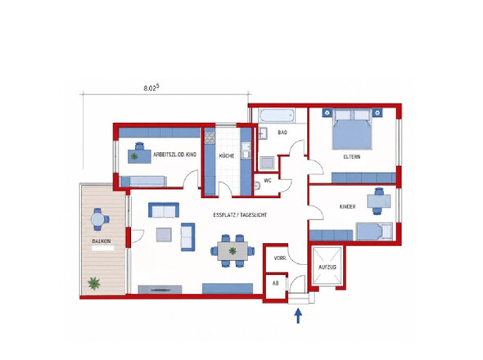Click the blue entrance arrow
click(x=298, y=316)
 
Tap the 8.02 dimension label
click(x=151, y=88)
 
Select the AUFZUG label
click(x=327, y=267)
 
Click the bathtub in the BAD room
click(x=277, y=116)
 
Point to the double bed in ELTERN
click(x=352, y=129)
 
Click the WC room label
click(x=268, y=181)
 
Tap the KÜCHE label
click(x=227, y=155)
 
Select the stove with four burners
click(x=210, y=137)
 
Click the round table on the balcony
click(x=98, y=219)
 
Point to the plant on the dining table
click(x=232, y=251)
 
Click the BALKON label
click(x=101, y=241)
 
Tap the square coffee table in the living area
click(x=164, y=235)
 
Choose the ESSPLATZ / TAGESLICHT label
click(x=240, y=215)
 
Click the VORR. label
click(x=280, y=259)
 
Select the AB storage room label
click(x=276, y=283)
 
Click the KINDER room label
click(x=347, y=207)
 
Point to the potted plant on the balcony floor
click(x=93, y=283)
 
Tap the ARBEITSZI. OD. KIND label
click(x=174, y=155)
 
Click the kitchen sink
click(x=246, y=151)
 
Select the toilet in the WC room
click(x=258, y=186)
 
